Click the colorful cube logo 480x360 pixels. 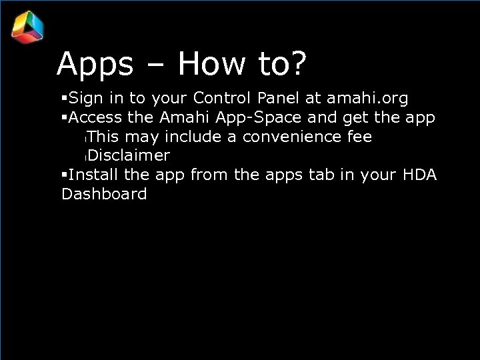28,27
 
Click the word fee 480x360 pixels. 359,137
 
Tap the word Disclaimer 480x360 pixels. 128,156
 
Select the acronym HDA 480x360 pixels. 420,175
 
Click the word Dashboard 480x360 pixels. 104,195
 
